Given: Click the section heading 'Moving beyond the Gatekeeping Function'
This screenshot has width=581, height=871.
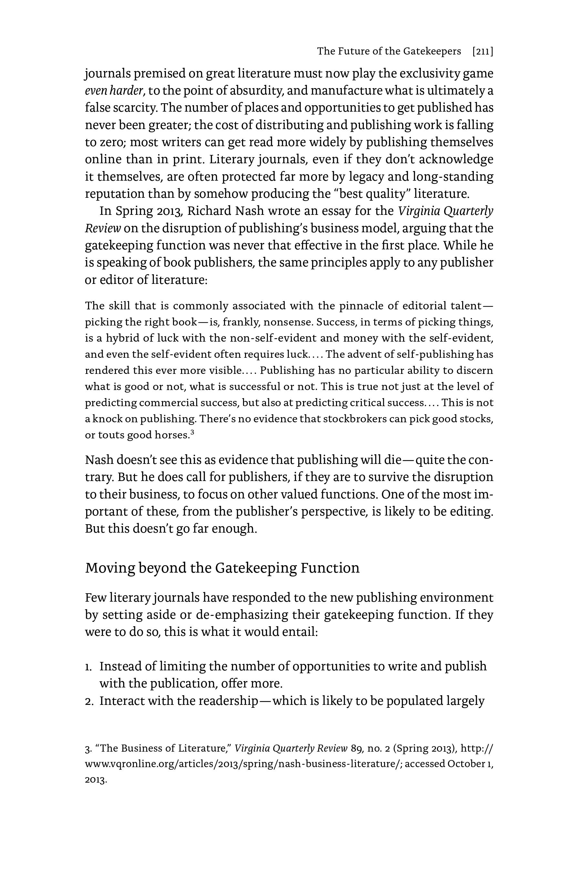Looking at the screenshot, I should pyautogui.click(x=222, y=568).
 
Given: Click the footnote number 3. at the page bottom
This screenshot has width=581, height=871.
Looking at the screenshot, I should pyautogui.click(x=88, y=749).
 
